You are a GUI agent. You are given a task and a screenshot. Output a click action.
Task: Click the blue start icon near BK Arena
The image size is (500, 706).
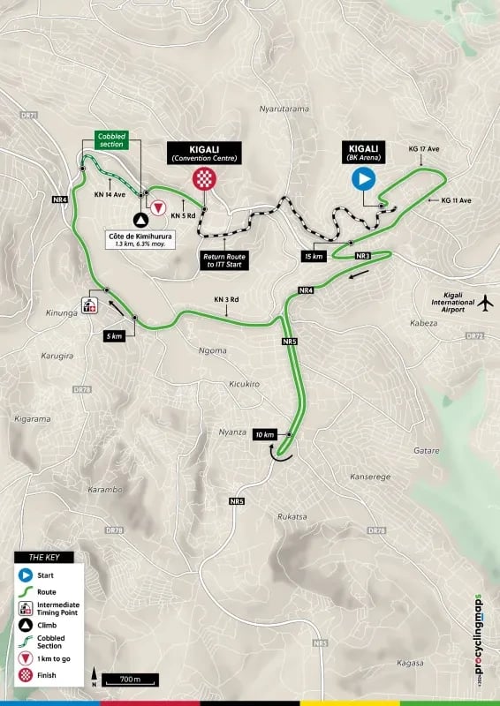tap(363, 180)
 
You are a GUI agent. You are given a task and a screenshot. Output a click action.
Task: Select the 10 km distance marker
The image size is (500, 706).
tap(264, 435)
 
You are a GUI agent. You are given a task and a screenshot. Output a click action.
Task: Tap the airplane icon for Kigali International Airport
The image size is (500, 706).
tap(484, 303)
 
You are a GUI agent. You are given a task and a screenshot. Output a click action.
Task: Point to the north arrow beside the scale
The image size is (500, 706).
tap(93, 678)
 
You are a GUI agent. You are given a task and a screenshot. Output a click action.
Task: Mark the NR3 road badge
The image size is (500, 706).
tap(362, 256)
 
